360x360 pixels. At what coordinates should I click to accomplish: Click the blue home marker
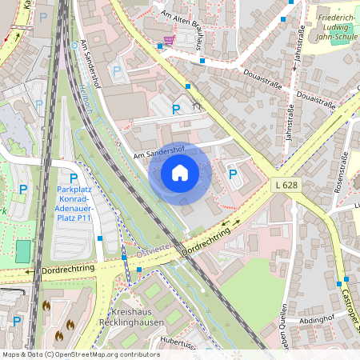click(x=180, y=173)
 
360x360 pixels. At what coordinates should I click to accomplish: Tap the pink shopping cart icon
click(x=168, y=39)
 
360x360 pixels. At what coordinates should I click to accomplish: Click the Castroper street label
click(x=353, y=311)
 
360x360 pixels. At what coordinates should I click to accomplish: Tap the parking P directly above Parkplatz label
click(x=74, y=178)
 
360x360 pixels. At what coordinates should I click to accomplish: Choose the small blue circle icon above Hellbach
click(x=74, y=46)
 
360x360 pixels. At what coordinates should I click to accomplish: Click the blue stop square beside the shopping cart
click(x=160, y=46)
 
